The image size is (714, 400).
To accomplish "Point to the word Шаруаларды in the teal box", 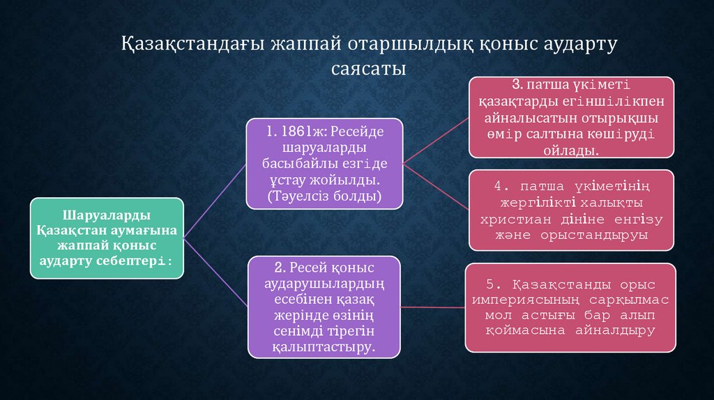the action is pos(107,215).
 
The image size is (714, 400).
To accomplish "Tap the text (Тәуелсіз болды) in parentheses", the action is pos(324,197).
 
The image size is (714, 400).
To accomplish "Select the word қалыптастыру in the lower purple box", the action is pos(324,345).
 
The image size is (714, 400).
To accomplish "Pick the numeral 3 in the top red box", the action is pos(515,85).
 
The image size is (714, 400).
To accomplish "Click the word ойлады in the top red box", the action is pos(572,151).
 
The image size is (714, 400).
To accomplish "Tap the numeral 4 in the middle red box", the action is pos(498,186).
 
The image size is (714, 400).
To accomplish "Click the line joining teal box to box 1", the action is pos(215,202).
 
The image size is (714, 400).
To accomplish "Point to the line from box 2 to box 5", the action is pos(432,306).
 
